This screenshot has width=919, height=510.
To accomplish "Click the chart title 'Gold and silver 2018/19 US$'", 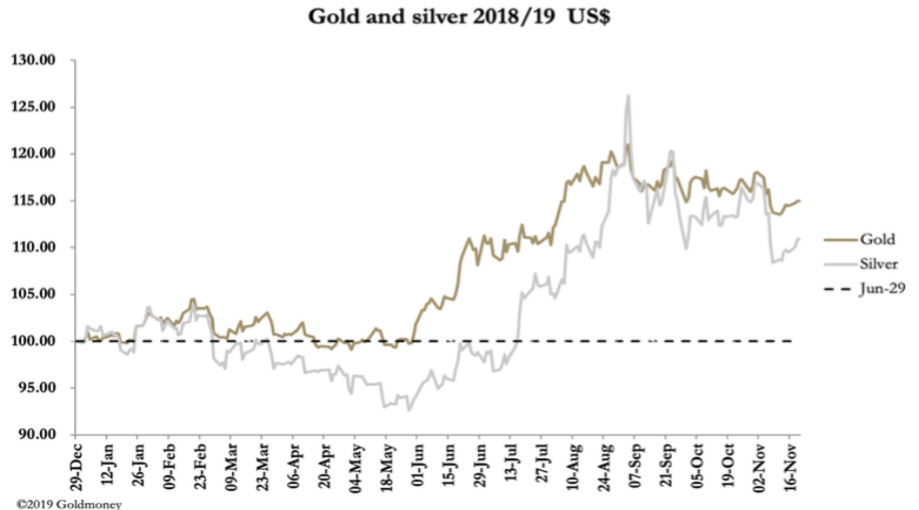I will click(459, 17).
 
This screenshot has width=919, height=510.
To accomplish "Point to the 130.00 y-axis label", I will click(33, 60).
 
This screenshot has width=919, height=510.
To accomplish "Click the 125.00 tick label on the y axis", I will click(33, 107).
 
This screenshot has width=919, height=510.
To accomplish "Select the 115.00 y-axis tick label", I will click(33, 200).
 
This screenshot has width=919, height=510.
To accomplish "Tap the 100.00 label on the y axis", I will click(33, 340).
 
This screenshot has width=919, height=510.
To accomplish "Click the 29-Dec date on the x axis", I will click(76, 467).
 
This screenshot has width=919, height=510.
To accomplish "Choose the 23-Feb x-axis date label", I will click(200, 467).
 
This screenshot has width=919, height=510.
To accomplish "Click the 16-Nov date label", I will click(790, 467).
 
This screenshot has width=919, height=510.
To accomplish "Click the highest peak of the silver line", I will click(628, 96).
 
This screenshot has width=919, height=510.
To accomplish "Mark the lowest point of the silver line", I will click(409, 410).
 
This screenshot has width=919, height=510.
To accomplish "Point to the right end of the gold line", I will click(799, 200).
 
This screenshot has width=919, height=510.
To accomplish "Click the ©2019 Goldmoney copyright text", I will click(69, 504).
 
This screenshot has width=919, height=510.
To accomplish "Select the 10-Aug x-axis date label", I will click(573, 467).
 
